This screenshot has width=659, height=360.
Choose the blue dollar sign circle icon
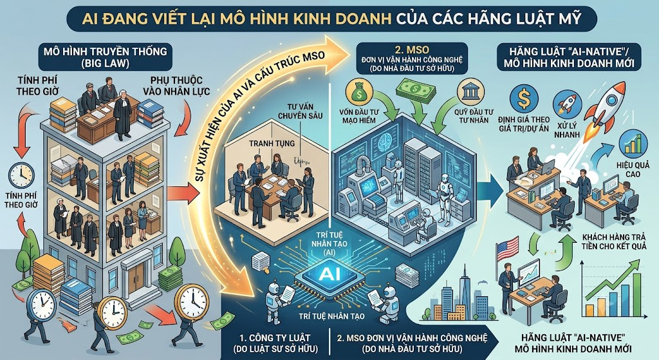524,99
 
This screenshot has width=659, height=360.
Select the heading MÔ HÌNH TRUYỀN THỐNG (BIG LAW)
105,57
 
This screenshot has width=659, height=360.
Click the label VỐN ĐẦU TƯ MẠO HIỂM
357,116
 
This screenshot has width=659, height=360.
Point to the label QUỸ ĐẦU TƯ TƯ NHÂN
474,116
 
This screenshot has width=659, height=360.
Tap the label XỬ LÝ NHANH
567,130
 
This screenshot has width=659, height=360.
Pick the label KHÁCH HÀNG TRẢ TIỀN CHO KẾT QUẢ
614,242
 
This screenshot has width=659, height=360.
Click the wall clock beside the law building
21,175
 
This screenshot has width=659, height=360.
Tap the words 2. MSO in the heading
412,49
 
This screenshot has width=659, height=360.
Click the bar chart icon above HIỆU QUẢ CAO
633,143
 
